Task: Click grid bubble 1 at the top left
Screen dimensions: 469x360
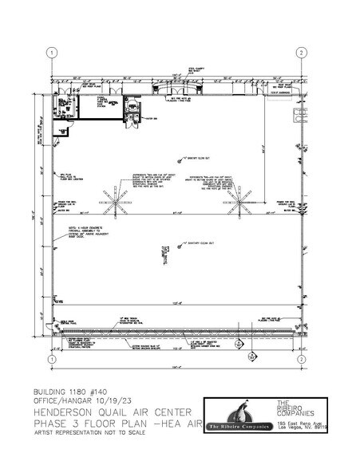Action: pyautogui.click(x=52, y=53)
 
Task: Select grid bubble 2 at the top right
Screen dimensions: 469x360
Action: pyautogui.click(x=302, y=53)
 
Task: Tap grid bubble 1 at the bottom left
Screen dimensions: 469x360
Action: pyautogui.click(x=52, y=360)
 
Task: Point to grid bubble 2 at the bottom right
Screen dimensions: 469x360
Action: pyautogui.click(x=302, y=360)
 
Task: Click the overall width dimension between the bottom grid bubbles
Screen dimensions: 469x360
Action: pyautogui.click(x=176, y=368)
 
